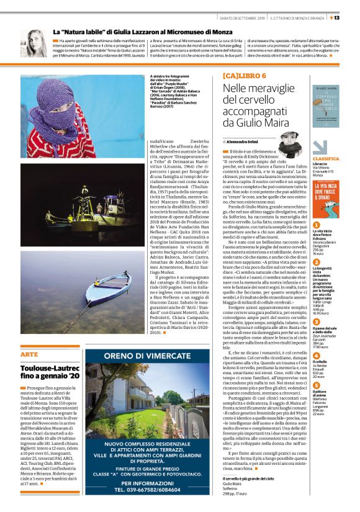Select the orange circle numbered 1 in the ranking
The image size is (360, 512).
[316, 225]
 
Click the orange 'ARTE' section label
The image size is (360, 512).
[29, 354]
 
